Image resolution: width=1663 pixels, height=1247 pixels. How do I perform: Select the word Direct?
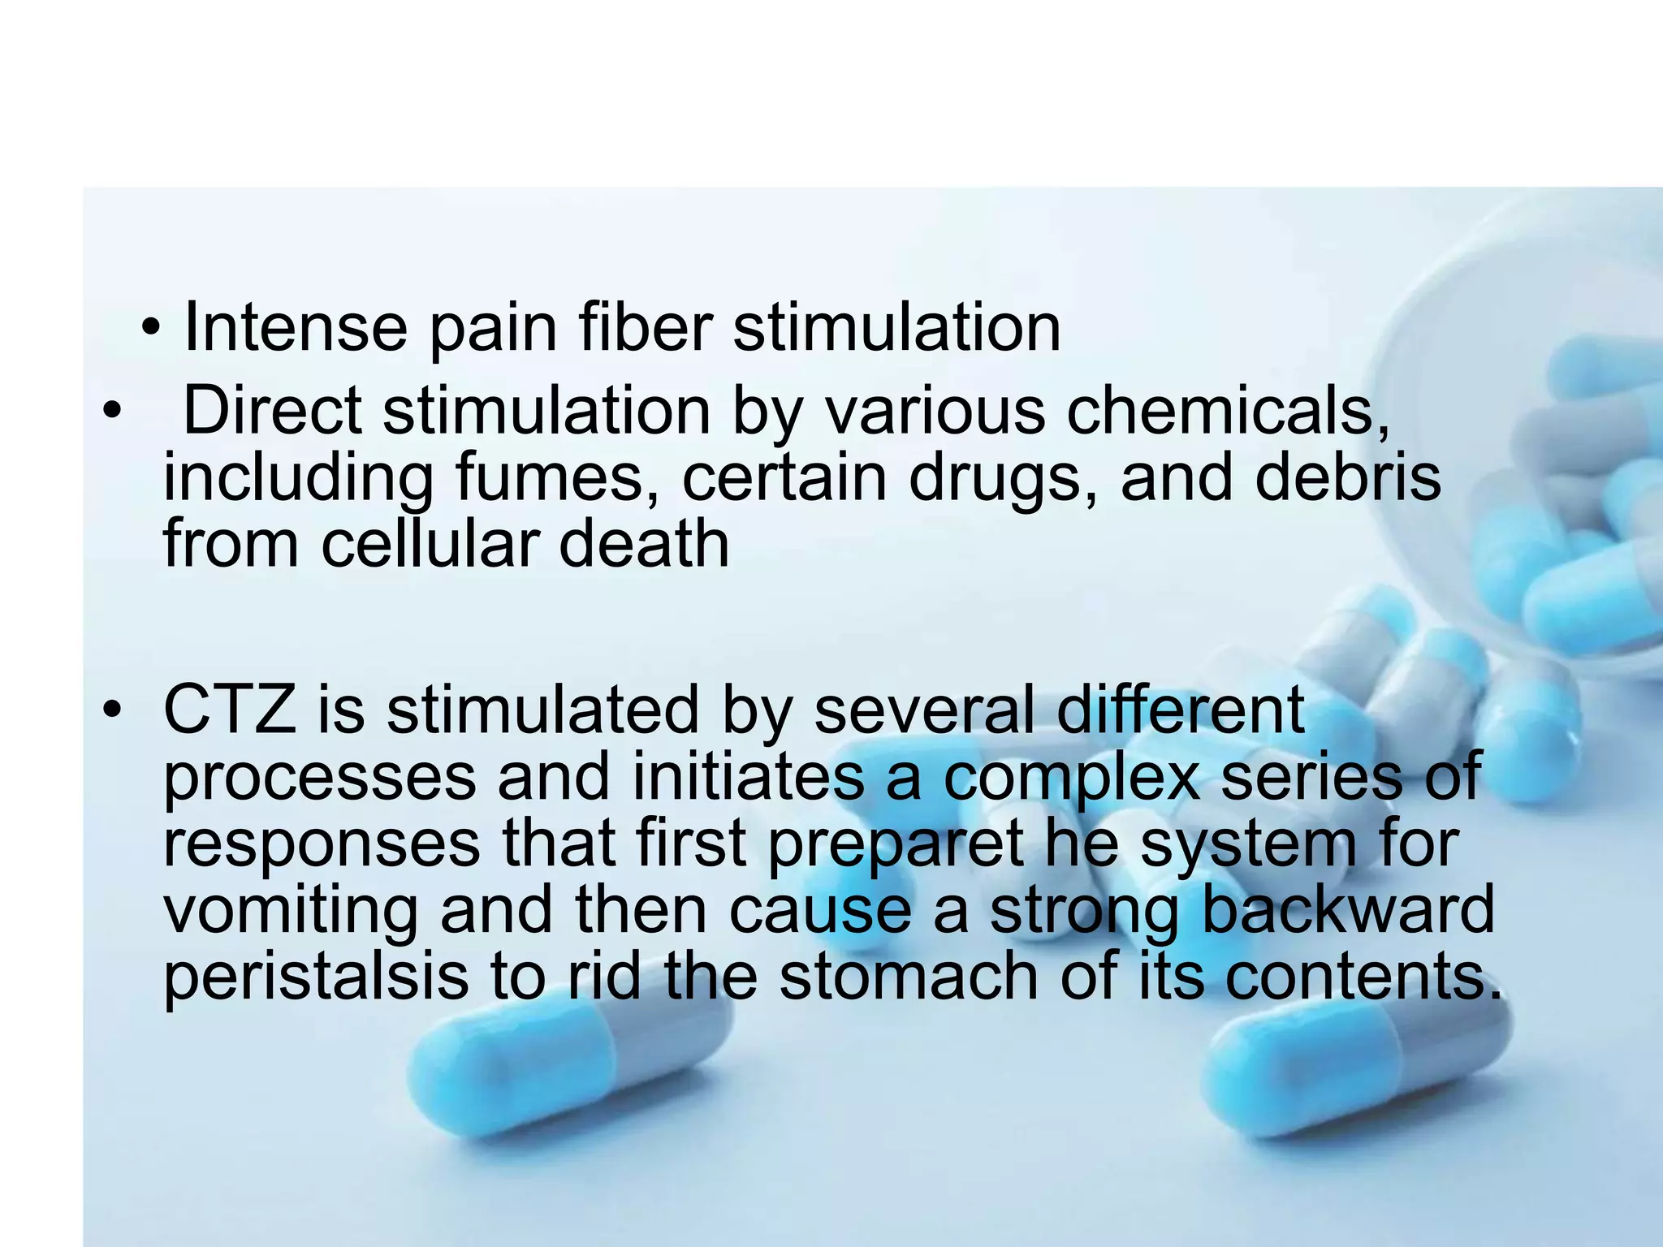[273, 411]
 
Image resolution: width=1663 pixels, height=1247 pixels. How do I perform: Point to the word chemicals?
[1228, 411]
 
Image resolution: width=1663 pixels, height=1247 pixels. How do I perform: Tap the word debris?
[1348, 477]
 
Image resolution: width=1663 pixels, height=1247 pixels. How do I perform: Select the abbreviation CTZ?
[230, 710]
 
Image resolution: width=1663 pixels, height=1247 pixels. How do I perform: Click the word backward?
[1347, 909]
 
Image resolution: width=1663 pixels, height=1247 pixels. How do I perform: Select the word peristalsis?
[316, 977]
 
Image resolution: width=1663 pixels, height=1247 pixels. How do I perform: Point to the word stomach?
[909, 976]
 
